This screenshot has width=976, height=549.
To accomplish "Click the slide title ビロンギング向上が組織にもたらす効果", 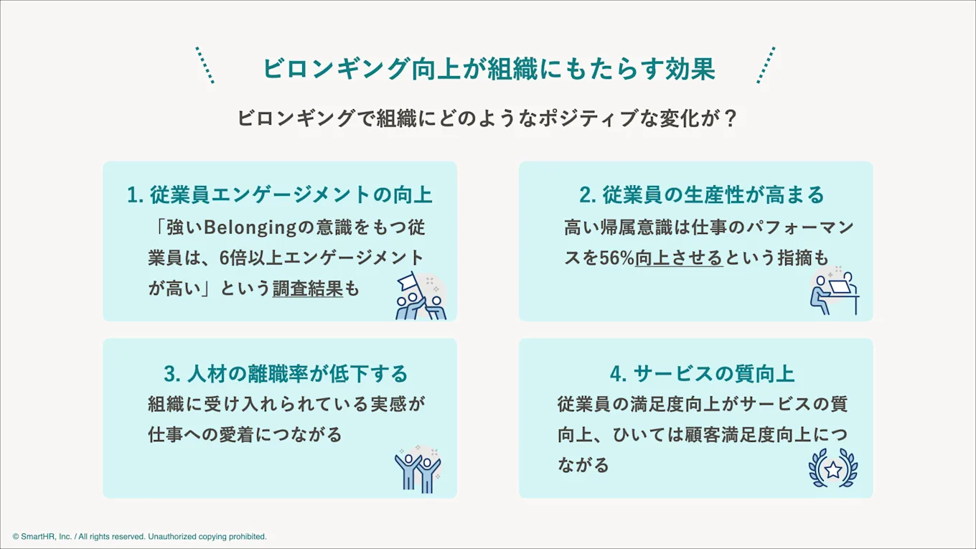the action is [x=488, y=69].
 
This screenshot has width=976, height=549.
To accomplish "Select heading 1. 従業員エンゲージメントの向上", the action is [x=280, y=194].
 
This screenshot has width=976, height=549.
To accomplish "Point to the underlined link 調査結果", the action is [x=308, y=288].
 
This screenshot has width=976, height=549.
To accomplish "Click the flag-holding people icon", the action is [x=421, y=295].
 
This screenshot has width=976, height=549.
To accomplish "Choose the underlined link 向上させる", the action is [x=679, y=258].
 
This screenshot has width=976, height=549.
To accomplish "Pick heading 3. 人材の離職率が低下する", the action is [x=286, y=374].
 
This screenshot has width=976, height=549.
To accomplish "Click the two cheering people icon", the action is [x=418, y=470].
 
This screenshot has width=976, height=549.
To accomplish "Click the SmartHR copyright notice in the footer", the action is [x=139, y=536].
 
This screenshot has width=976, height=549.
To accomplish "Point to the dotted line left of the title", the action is [x=205, y=65].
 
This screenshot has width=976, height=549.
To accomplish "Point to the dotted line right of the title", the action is [x=766, y=65].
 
